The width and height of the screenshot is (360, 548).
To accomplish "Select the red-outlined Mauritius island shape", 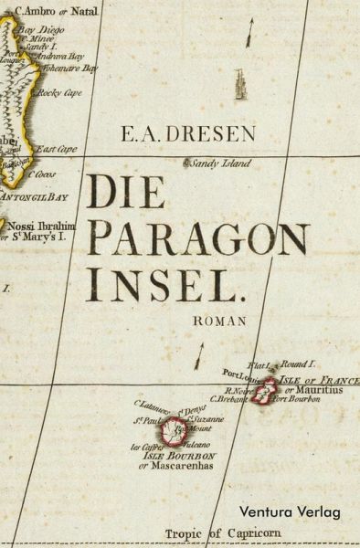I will coord(267,392).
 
